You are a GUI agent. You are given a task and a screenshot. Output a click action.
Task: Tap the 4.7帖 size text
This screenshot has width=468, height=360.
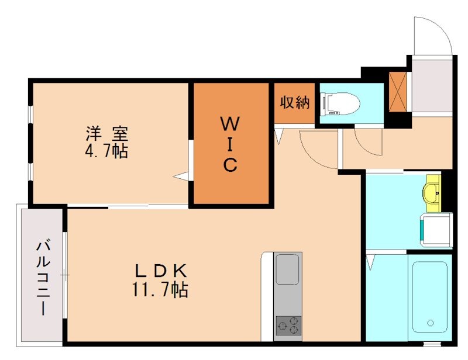(x=106, y=151)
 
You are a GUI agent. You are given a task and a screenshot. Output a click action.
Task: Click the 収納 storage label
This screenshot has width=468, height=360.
(x=294, y=102)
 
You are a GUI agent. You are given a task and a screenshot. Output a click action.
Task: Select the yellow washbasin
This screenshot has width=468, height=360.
(x=433, y=192)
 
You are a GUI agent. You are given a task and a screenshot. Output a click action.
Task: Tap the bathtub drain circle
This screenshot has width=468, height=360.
(x=431, y=322)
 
